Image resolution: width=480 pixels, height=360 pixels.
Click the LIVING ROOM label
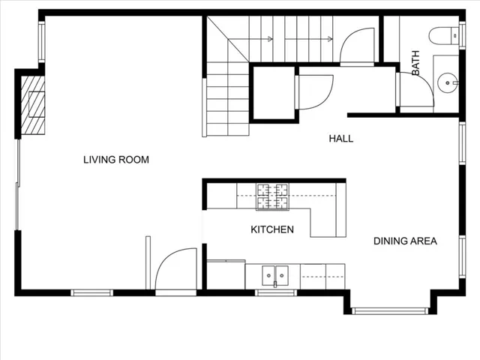pos(116,160)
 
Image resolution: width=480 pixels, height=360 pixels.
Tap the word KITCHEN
pos(272,229)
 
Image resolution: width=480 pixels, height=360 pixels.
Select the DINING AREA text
pos(405,241)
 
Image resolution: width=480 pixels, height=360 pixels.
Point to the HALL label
pos(341,139)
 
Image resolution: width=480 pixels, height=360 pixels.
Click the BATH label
pos(415,63)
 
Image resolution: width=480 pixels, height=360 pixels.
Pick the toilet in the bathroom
pos(444,36)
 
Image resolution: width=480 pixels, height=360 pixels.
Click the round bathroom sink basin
pos(448,83)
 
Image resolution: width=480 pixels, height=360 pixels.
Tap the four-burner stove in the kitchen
pos(272,196)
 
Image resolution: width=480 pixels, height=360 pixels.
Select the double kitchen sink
pos(275,275)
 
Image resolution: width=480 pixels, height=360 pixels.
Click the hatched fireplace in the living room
pos(33,105)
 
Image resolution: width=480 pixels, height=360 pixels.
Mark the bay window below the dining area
pos(390,311)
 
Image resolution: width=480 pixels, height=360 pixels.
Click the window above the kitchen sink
pos(276,292)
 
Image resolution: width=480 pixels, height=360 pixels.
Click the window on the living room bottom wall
pos(91,292)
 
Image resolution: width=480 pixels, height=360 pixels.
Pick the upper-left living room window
pos(42,42)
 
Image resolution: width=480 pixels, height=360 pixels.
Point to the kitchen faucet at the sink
pos(275,284)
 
